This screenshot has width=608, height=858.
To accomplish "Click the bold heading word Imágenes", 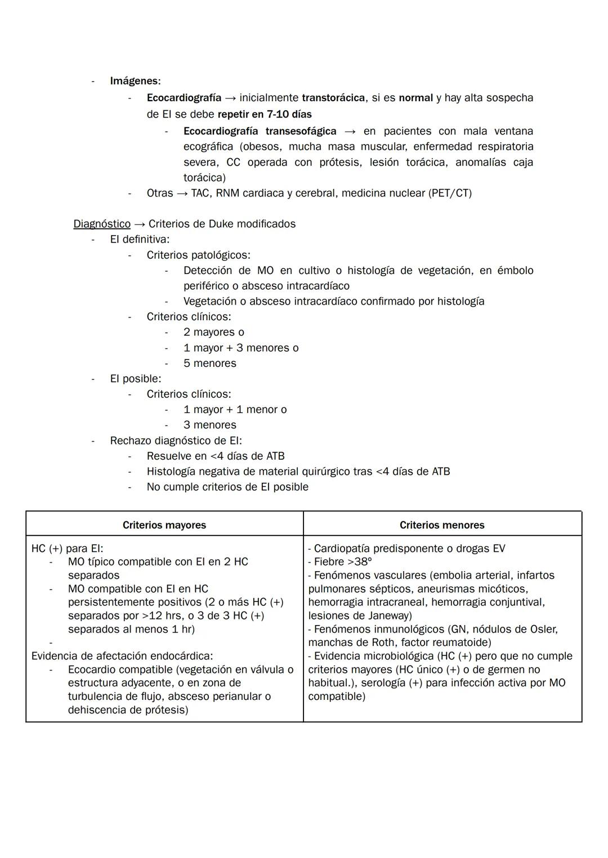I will coord(135,81).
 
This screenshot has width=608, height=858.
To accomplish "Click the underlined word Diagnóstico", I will coord(102,224).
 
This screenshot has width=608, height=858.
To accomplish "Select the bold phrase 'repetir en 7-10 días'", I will coord(265,114).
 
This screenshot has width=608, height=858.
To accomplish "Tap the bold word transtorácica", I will coord(333,98).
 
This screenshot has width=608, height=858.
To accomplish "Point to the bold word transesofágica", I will coord(301,131).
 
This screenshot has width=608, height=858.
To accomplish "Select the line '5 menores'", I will coord(209,363).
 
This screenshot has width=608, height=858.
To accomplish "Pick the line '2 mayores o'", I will coord(213,333).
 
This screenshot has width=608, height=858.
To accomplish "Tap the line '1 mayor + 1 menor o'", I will coord(235,410).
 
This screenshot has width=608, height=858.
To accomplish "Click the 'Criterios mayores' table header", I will coord(164,525).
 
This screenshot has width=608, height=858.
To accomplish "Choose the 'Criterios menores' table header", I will coord(442,525).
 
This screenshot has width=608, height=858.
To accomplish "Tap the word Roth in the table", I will coord(385,643).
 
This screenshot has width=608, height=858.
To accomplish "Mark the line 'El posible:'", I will coord(136,379).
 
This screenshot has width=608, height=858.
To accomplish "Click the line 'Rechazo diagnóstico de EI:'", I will coord(176,441).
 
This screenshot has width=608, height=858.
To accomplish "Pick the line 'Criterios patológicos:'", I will coord(198,255).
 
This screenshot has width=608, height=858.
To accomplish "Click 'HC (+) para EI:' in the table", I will coord(68,548).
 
